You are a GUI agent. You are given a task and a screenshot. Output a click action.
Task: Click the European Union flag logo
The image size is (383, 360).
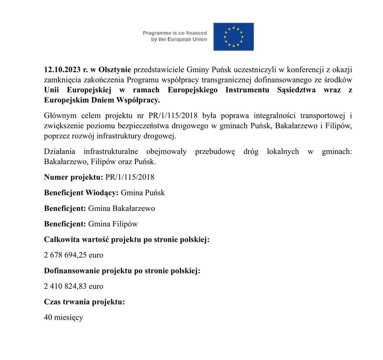(233, 37)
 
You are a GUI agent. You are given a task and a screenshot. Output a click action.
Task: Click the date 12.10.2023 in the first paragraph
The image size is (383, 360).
(62, 71)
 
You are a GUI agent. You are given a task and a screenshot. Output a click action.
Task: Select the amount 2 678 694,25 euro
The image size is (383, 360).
(74, 255)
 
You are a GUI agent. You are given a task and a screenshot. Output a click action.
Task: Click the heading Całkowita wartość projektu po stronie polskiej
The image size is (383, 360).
(127, 239)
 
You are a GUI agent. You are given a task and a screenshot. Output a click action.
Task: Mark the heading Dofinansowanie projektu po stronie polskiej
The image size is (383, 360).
(122, 271)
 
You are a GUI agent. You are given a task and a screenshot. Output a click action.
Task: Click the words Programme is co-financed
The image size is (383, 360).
(175, 33)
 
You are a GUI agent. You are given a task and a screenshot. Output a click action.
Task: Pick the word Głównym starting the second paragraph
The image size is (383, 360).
(60, 116)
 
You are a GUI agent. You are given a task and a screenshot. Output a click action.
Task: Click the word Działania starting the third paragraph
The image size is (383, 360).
(60, 151)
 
